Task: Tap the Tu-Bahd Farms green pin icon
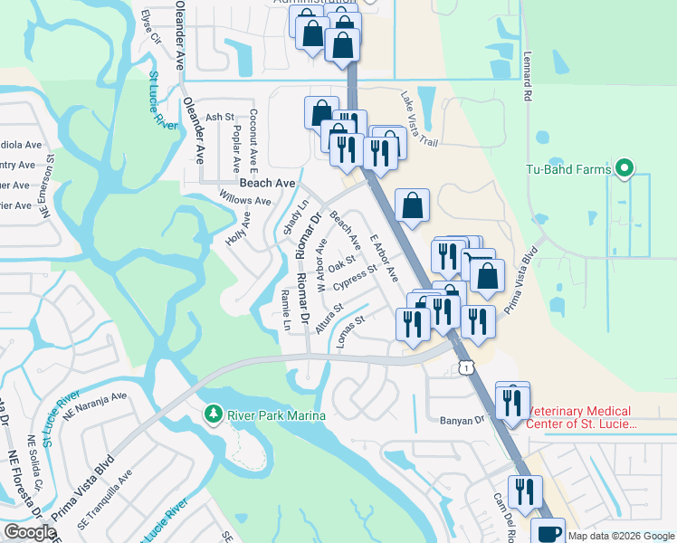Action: coord(624,168)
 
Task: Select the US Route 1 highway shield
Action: coord(465,366)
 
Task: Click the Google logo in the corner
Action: coord(31,532)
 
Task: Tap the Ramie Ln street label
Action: coord(286,310)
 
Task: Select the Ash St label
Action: coord(220,118)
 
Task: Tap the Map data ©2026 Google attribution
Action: coord(622,536)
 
